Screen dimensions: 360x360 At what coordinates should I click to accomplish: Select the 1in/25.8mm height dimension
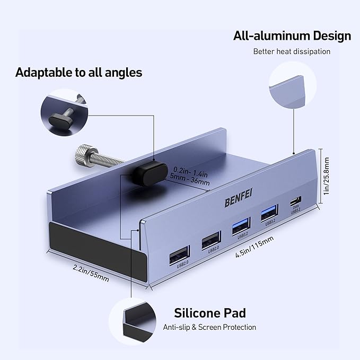(x=327, y=175)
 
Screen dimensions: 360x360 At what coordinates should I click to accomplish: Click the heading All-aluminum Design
(x=292, y=36)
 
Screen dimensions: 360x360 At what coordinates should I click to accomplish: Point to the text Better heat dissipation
(x=292, y=51)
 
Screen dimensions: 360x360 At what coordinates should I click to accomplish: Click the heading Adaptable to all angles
(x=78, y=72)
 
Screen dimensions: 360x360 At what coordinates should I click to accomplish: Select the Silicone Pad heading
(x=210, y=312)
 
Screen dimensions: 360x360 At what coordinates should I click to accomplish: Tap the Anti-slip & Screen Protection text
(x=209, y=327)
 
